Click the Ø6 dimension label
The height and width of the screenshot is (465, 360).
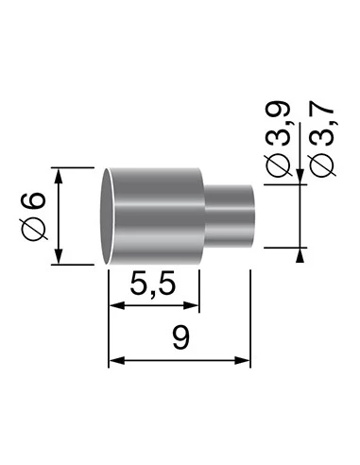33,215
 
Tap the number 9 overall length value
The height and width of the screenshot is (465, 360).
179,339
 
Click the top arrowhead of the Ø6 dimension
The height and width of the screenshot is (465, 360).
60,174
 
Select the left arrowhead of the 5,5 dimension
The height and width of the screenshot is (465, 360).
114,305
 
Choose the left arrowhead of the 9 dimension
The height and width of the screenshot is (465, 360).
114,360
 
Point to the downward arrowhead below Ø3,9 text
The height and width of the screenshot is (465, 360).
300,180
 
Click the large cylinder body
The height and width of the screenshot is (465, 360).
156,216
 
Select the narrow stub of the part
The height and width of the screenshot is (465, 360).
229,216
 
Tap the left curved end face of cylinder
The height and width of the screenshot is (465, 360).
110,216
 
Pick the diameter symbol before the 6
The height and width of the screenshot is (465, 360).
33,228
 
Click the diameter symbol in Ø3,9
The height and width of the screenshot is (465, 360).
279,167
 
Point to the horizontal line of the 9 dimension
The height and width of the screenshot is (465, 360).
180,360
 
